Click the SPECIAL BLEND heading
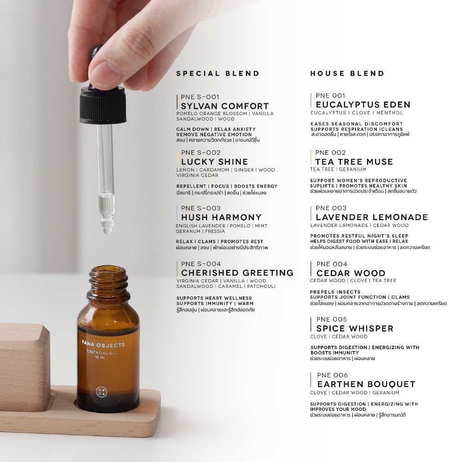tap(218, 74)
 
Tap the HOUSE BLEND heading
tap(347, 74)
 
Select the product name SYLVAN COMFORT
tap(225, 106)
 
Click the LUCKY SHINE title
tap(214, 162)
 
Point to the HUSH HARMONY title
tap(221, 217)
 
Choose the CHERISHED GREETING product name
tap(237, 273)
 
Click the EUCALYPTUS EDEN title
tap(363, 105)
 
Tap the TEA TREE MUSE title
tap(354, 162)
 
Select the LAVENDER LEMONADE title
tap(372, 217)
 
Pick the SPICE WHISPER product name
tap(355, 328)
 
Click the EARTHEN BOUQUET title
tap(366, 384)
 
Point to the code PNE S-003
tap(201, 208)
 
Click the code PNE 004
tap(332, 264)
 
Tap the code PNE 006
tap(333, 375)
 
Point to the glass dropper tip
tap(106, 231)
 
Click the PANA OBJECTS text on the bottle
tap(103, 344)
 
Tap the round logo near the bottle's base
tap(102, 392)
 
